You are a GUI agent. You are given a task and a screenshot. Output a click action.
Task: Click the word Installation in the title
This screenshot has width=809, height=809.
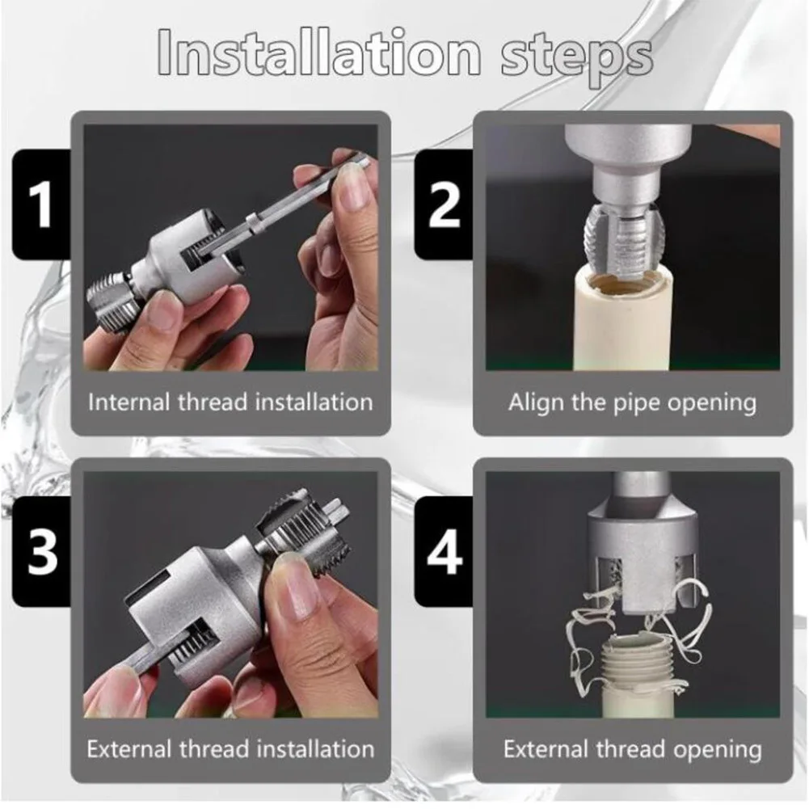click(x=319, y=53)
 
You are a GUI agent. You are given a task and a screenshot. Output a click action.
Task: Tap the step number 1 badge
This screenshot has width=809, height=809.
click(x=41, y=204)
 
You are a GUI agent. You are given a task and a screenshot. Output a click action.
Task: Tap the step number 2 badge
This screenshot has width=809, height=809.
click(x=444, y=204)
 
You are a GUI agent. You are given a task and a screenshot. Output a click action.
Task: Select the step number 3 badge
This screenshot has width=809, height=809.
click(x=41, y=551)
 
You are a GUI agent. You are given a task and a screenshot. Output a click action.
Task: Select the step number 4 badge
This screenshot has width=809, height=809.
click(x=444, y=551)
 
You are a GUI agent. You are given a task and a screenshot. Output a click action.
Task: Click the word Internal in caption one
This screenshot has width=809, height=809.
click(x=129, y=402)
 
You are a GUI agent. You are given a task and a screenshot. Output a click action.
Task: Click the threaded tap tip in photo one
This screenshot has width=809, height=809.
click(x=112, y=301)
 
